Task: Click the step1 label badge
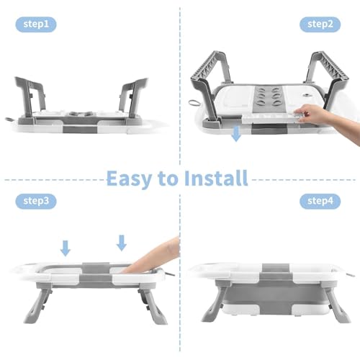pos(36,24)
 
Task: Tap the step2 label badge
pos(320,24)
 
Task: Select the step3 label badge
pos(36,201)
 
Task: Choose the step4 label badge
pos(320,201)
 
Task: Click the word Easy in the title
pos(129,179)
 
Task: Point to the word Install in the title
pos(216,178)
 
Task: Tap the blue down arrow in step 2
pos(236,134)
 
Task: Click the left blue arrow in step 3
pos(66,248)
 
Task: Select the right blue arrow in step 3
pos(122,243)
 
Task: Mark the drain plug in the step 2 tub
pos(306,96)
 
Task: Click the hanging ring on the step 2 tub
pos(195,104)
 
